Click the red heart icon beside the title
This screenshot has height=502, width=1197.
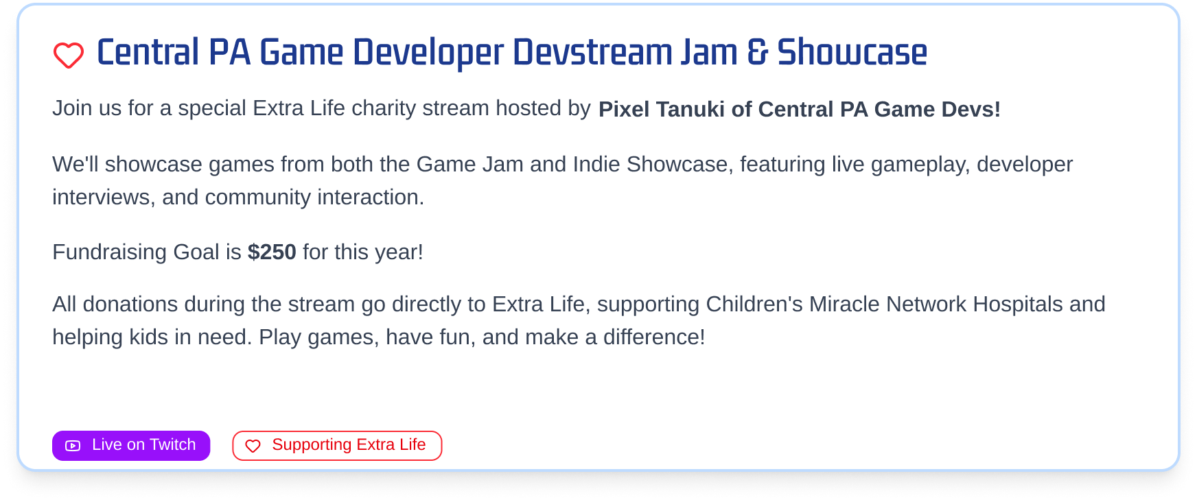click(x=69, y=56)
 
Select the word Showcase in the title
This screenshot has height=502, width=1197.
click(x=852, y=52)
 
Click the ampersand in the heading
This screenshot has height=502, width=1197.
click(x=757, y=52)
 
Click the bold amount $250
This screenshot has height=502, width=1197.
click(x=272, y=252)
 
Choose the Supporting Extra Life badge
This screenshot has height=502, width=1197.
click(x=337, y=446)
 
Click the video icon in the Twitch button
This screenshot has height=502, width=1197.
click(x=73, y=446)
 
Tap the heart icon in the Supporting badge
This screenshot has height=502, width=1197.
click(x=253, y=446)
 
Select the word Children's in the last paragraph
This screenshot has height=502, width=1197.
click(x=754, y=304)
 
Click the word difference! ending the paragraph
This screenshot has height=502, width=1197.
click(x=654, y=337)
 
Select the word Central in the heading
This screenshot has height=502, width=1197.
click(x=148, y=52)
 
